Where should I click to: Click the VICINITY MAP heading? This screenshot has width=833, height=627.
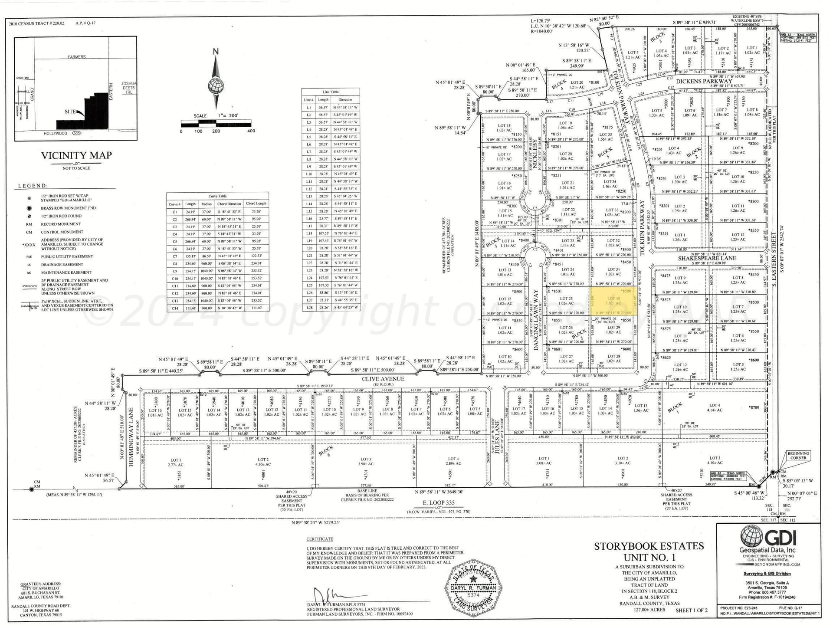pos(76,155)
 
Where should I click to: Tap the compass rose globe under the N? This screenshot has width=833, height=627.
pos(216,85)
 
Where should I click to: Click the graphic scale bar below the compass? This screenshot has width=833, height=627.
pos(216,125)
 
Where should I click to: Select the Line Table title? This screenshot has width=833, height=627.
pos(331,92)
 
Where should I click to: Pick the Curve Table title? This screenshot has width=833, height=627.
pos(217,196)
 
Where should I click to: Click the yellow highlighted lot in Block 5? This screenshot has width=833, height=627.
pos(613,301)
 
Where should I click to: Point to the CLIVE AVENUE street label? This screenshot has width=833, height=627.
pos(383,379)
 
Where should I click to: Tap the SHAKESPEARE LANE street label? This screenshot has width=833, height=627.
pos(707,258)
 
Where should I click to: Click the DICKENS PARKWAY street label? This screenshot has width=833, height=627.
pos(704,81)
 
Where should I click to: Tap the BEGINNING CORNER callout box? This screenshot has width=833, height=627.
pos(798,456)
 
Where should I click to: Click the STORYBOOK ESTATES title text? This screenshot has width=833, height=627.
pos(649,546)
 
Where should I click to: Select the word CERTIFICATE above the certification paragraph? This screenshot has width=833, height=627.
pos(320,539)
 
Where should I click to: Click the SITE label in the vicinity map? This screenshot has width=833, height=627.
pos(70,112)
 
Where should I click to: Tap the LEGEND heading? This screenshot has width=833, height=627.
pos(33,186)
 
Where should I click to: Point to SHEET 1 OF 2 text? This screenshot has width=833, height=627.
pos(692,610)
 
